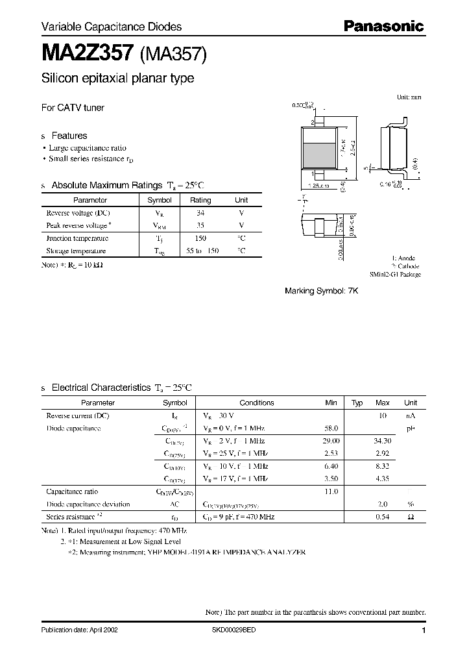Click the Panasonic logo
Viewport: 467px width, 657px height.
coord(383,26)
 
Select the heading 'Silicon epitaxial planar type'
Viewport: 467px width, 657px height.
coord(117,79)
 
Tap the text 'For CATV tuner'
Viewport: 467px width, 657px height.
coord(73,108)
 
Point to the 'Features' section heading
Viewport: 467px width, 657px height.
coord(69,136)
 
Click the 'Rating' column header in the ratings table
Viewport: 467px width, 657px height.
coord(200,201)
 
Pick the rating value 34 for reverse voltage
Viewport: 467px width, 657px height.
coord(200,213)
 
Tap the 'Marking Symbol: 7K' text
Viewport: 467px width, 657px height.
coord(321,291)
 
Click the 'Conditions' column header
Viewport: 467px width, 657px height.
coord(257,403)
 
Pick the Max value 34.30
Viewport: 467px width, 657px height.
coord(383,441)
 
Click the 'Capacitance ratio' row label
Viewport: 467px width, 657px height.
coord(72,492)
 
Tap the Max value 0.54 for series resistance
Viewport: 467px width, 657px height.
coord(383,517)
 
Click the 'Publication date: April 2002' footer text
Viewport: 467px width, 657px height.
coord(80,630)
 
